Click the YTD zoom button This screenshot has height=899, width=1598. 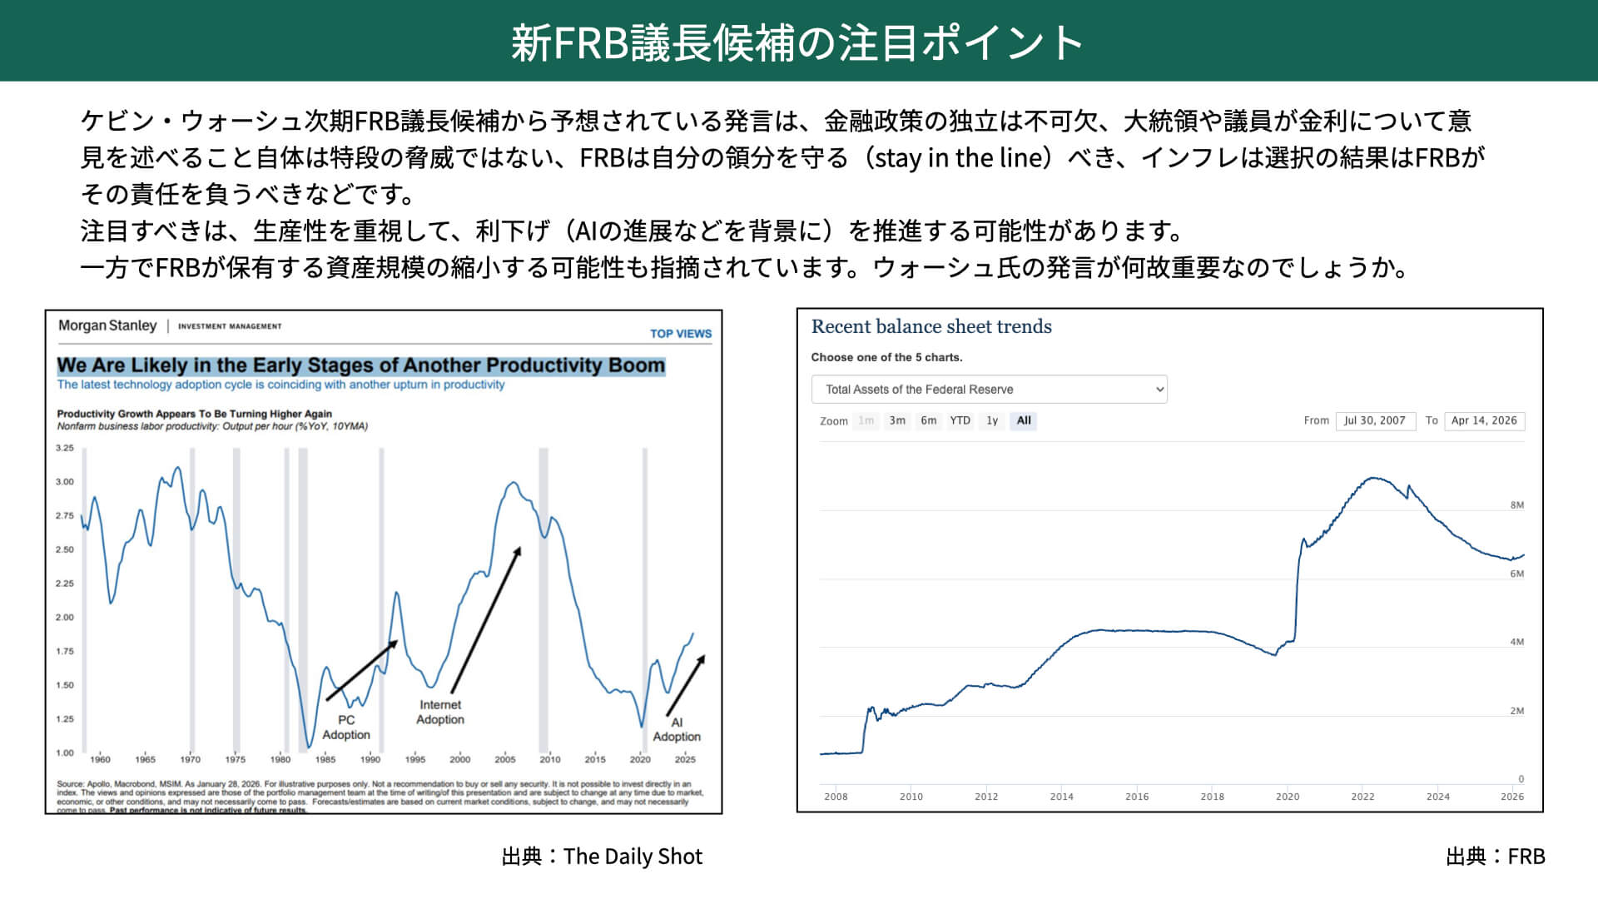tap(960, 420)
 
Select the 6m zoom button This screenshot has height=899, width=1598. tap(928, 420)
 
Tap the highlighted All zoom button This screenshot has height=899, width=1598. tap(1024, 420)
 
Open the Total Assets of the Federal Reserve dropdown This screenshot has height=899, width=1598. tap(989, 390)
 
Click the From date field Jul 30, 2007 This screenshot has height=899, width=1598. tap(1375, 420)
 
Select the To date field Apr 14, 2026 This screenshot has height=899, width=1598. tap(1484, 420)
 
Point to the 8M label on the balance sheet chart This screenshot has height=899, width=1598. tap(1516, 505)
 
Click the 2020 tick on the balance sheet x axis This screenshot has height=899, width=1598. tap(1287, 797)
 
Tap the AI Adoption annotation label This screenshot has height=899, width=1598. tap(677, 729)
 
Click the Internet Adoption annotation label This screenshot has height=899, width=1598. tap(440, 712)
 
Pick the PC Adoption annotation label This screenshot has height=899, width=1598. tap(346, 727)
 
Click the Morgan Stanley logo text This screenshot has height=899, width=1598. tap(107, 325)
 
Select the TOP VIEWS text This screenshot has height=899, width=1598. tap(680, 333)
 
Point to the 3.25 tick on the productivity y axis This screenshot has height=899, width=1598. tap(65, 448)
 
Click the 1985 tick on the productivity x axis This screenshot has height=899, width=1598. tap(325, 759)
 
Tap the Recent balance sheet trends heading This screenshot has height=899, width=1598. tap(931, 326)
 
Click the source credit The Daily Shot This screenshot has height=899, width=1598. tap(633, 857)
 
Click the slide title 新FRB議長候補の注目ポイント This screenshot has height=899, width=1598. tap(797, 42)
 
